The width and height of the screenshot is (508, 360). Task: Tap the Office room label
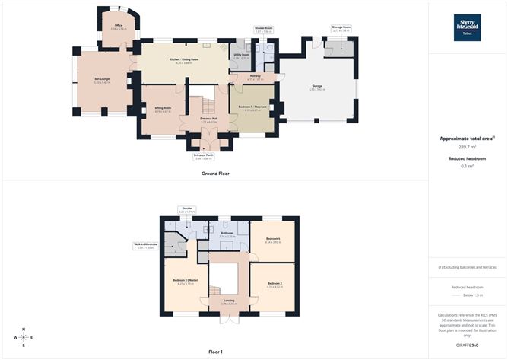click(118, 27)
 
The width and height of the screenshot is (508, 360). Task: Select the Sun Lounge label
click(102, 80)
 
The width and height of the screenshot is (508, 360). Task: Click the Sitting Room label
click(163, 109)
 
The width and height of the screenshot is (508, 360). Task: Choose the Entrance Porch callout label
click(204, 156)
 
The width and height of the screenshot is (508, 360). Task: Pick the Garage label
click(316, 88)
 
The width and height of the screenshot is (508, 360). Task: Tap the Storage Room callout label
click(341, 28)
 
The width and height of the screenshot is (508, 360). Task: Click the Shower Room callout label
click(263, 29)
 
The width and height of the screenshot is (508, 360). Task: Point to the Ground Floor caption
click(215, 174)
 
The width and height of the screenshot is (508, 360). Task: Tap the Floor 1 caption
click(215, 352)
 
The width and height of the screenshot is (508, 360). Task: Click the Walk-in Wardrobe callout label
click(144, 245)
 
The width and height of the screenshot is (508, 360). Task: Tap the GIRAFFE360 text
click(467, 346)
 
